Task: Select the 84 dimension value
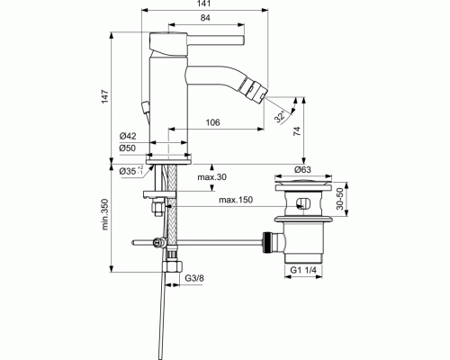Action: point(206,20)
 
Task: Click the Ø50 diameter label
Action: point(128,148)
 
